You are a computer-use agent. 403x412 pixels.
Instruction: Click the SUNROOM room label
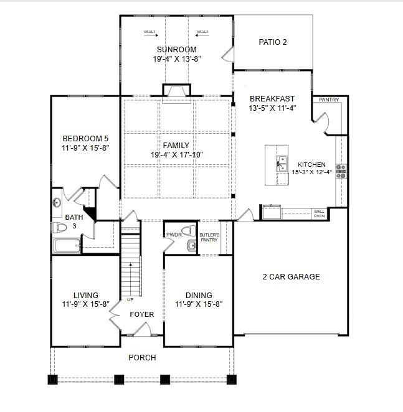177,50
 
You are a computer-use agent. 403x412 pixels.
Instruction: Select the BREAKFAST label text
272,98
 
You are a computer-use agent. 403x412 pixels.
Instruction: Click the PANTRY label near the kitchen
329,100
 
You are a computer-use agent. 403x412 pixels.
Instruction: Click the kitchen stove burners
341,171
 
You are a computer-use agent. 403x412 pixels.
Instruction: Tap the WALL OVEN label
319,213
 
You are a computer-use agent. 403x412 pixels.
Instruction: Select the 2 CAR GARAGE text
290,276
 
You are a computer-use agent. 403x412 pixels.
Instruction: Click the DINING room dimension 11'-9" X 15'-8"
199,304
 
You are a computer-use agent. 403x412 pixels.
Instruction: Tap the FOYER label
141,314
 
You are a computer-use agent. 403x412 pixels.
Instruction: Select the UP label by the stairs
130,299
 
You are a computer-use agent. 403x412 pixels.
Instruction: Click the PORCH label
142,357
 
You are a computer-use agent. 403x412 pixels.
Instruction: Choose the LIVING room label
86,295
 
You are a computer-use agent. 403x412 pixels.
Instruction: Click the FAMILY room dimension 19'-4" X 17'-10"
176,154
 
